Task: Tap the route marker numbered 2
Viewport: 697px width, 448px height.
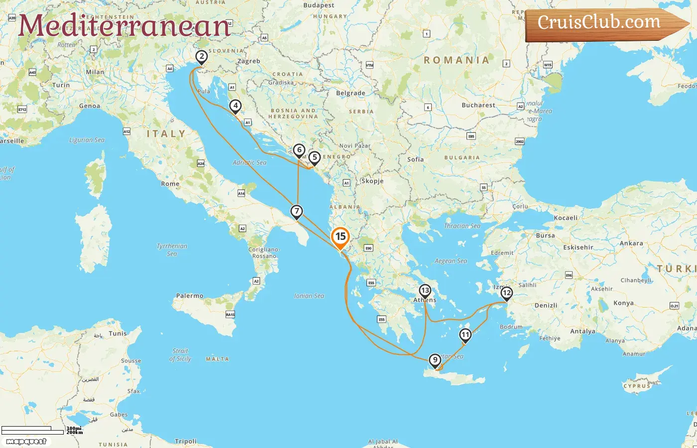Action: [x=201, y=57]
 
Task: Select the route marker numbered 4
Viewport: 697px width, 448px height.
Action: [x=235, y=106]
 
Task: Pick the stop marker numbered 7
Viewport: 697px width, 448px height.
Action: [x=297, y=212]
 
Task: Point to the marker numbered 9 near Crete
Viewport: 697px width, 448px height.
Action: [x=435, y=360]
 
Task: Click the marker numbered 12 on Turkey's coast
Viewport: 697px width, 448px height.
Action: [x=506, y=293]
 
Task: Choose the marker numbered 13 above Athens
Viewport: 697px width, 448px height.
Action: [x=425, y=290]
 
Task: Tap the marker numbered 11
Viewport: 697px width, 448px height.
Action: [x=465, y=335]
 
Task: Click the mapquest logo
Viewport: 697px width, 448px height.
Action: [x=26, y=442]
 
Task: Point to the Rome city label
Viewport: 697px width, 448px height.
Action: [x=170, y=184]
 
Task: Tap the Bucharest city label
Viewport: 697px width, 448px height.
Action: [x=478, y=105]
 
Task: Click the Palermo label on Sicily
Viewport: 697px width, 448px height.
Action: [x=190, y=296]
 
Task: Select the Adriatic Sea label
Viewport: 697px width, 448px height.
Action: [x=249, y=162]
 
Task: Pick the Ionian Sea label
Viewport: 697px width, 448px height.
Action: [x=309, y=296]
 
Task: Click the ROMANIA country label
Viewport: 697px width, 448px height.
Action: [x=457, y=60]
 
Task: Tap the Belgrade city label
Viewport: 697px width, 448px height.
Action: [x=350, y=93]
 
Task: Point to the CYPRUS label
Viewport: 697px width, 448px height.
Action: [x=637, y=386]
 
